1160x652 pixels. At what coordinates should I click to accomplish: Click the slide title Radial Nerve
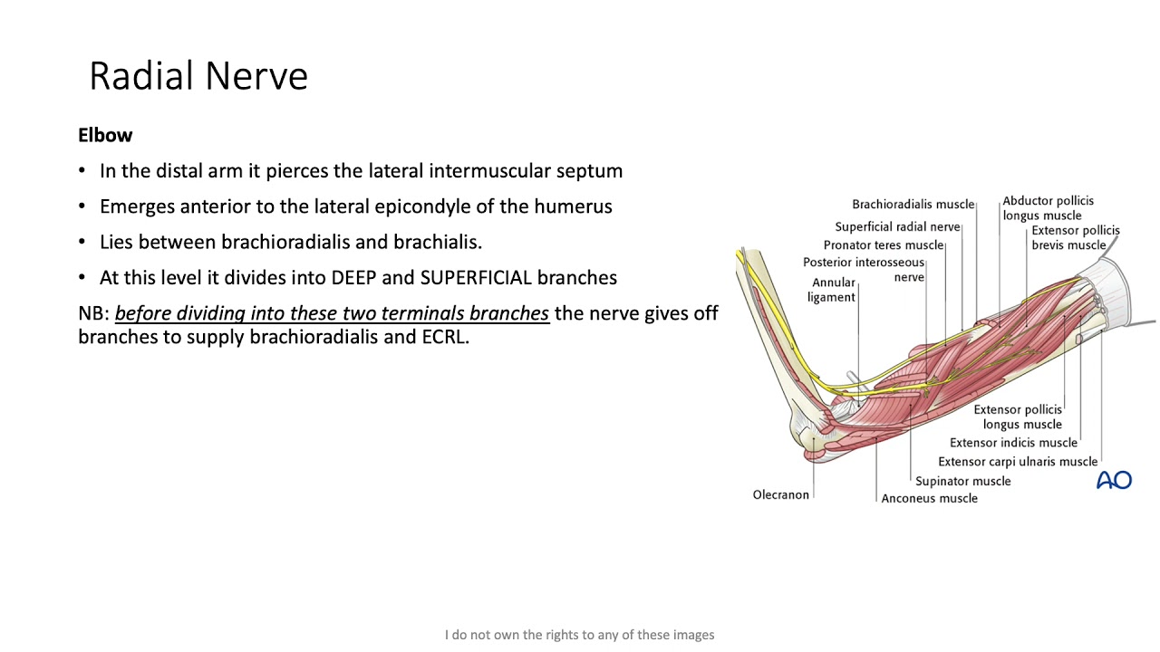click(198, 76)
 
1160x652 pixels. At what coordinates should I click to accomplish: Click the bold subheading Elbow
click(105, 136)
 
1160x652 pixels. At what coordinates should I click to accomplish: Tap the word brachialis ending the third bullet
click(437, 243)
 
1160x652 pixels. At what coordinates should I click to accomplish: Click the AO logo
click(1114, 480)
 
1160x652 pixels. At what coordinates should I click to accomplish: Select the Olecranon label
click(780, 495)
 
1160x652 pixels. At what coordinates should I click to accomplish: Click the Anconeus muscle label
click(929, 499)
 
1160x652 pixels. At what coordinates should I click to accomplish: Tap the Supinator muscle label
click(962, 482)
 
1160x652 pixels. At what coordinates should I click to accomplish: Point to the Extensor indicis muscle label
click(1013, 443)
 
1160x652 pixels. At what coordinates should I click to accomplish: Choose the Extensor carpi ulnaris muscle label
click(1017, 462)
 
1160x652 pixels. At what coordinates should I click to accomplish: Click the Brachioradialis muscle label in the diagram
click(913, 205)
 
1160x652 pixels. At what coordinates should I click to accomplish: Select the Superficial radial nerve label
click(897, 227)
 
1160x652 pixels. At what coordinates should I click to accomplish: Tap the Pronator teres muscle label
click(883, 245)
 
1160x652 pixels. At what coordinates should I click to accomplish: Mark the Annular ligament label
click(832, 290)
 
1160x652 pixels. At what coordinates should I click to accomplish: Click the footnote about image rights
click(579, 635)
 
